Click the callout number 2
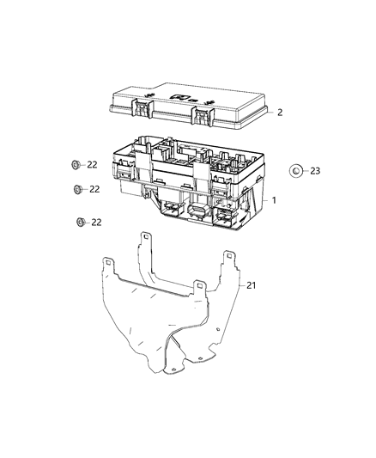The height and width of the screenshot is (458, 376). pyautogui.click(x=280, y=113)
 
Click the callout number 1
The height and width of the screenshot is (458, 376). pyautogui.click(x=274, y=198)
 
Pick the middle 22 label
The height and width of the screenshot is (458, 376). pyautogui.click(x=95, y=189)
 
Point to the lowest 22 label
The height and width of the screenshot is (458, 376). pyautogui.click(x=96, y=222)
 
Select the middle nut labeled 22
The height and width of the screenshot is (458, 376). pyautogui.click(x=77, y=189)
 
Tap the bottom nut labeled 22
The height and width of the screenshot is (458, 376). pyautogui.click(x=79, y=222)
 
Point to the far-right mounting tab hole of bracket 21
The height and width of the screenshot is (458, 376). pyautogui.click(x=230, y=254)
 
